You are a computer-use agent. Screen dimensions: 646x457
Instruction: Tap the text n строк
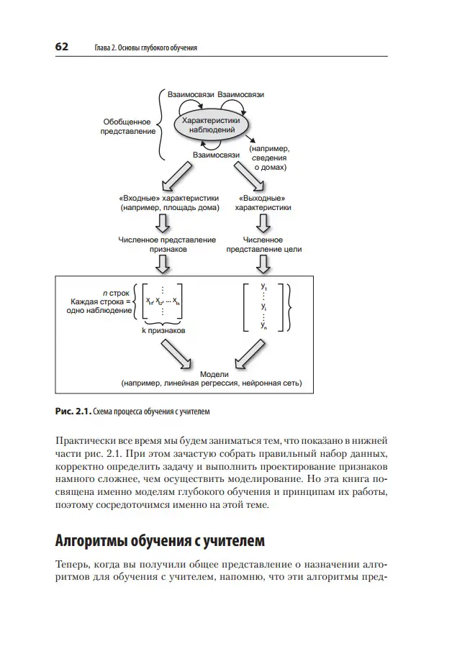[x=115, y=293]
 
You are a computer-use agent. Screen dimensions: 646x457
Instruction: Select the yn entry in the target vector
[x=264, y=325]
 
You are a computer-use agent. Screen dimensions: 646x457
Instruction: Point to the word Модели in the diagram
[x=213, y=374]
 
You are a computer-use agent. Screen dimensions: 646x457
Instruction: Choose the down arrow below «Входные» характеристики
[x=163, y=224]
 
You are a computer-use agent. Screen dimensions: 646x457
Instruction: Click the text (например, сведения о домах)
[x=270, y=157]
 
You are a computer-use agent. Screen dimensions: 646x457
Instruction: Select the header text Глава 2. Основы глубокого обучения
[x=146, y=47]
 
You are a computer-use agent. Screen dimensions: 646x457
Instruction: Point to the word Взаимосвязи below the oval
[x=216, y=154]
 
